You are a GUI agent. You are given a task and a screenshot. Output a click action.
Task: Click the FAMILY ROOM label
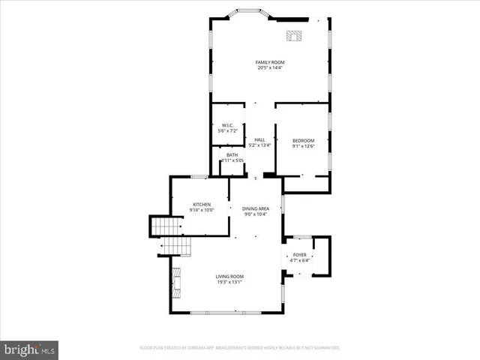click(x=270, y=61)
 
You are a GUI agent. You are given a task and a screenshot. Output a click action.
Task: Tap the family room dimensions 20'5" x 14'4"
click(x=270, y=67)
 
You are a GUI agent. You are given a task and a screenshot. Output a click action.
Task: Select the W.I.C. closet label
click(x=228, y=125)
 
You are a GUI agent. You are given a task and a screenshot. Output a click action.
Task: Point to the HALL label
click(x=259, y=139)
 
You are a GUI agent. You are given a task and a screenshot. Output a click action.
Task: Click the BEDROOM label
click(x=303, y=141)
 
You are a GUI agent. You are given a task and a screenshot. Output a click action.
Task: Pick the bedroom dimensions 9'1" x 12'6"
click(x=303, y=147)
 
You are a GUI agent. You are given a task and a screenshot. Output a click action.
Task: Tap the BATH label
click(x=232, y=154)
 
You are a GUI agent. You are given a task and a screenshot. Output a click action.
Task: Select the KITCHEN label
click(x=202, y=204)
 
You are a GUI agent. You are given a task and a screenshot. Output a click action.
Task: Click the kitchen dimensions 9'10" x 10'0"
click(x=202, y=210)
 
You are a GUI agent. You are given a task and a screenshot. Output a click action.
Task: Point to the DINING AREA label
click(x=256, y=208)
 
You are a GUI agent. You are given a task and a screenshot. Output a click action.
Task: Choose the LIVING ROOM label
click(x=229, y=276)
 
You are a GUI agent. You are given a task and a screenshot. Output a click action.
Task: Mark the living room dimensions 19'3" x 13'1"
click(x=229, y=282)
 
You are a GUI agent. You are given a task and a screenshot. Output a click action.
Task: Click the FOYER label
click(x=300, y=254)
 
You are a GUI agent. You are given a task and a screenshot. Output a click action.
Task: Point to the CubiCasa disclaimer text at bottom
click(x=240, y=348)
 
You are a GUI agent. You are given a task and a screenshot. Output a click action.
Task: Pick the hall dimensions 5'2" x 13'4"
click(x=259, y=145)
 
